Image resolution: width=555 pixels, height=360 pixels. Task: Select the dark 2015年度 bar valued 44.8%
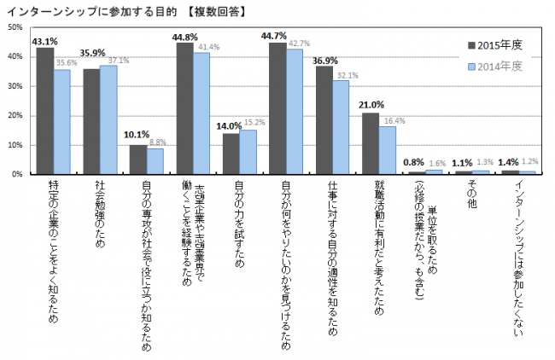184,108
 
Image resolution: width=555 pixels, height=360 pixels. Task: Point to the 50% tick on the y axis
15,27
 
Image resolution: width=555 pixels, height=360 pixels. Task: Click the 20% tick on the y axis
15,115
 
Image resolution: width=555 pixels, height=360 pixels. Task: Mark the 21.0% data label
370,105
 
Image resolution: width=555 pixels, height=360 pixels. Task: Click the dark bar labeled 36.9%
324,119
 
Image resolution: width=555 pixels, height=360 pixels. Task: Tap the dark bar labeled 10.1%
138,159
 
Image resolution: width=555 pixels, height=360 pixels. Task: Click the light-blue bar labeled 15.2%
248,151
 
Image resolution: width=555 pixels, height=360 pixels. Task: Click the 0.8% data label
416,162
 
